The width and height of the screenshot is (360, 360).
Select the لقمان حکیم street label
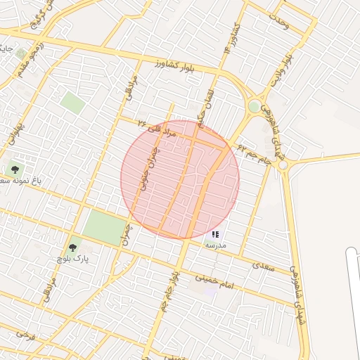(x=206, y=106)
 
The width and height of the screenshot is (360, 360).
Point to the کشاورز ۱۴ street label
(x=229, y=41)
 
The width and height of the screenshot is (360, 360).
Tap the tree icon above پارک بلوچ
(x=72, y=247)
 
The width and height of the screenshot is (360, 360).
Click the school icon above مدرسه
(x=215, y=233)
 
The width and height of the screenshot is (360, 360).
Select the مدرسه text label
(x=215, y=245)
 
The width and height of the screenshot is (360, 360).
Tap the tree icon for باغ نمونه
(x=13, y=169)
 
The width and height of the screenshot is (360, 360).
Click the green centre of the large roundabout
(x=253, y=106)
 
